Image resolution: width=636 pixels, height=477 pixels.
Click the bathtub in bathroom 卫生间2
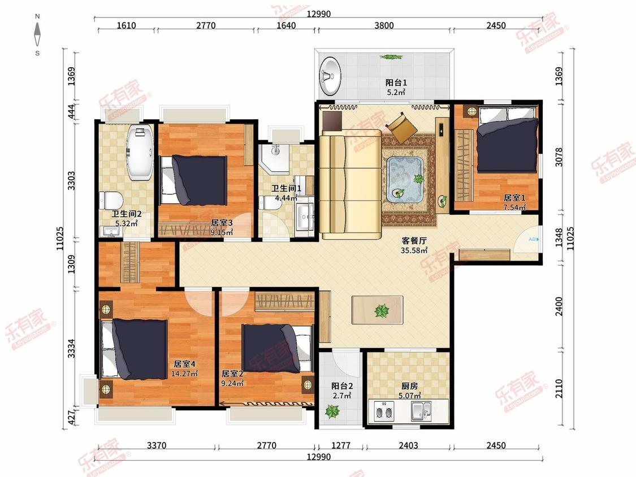pyautogui.click(x=140, y=152)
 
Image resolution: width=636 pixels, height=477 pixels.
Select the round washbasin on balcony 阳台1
pyautogui.click(x=330, y=75)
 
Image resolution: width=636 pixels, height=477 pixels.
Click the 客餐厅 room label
pyautogui.click(x=414, y=241)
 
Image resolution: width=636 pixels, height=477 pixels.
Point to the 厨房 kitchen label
pyautogui.click(x=409, y=386)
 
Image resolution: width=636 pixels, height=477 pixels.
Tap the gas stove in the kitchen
pyautogui.click(x=384, y=410)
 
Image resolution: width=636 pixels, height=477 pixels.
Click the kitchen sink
pyautogui.click(x=421, y=410)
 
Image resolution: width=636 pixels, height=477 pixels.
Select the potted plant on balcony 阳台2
pyautogui.click(x=332, y=411)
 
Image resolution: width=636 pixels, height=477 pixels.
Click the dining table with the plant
pyautogui.click(x=377, y=310)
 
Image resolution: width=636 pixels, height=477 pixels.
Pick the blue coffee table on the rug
pyautogui.click(x=405, y=179)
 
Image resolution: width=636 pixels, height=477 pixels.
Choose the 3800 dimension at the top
pyautogui.click(x=384, y=25)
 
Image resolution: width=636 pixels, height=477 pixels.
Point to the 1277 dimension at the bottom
pyautogui.click(x=341, y=445)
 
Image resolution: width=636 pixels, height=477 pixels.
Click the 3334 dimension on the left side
pyautogui.click(x=71, y=348)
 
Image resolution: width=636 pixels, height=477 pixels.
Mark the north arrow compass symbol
pyautogui.click(x=37, y=34)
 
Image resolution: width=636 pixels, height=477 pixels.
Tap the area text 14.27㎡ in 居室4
pyautogui.click(x=184, y=373)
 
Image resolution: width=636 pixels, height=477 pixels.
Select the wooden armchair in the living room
pyautogui.click(x=401, y=127)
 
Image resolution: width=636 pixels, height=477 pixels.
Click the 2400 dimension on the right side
pyautogui.click(x=559, y=306)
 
